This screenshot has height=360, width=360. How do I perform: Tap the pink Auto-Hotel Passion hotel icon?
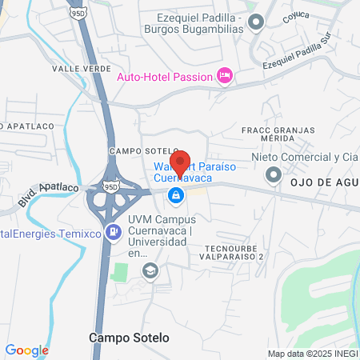click(225, 76)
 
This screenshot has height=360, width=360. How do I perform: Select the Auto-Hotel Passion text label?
click(165, 77)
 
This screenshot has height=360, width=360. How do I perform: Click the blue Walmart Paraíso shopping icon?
click(176, 194)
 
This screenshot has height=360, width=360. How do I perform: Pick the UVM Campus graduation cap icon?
click(149, 271)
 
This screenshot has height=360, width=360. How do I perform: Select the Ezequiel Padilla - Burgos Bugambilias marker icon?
click(255, 22)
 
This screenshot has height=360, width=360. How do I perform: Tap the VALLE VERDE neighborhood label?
click(82, 69)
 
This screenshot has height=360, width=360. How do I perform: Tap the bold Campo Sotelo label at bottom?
click(130, 338)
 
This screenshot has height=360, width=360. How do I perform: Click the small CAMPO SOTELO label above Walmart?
click(134, 150)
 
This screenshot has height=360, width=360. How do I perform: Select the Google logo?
click(26, 350)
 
